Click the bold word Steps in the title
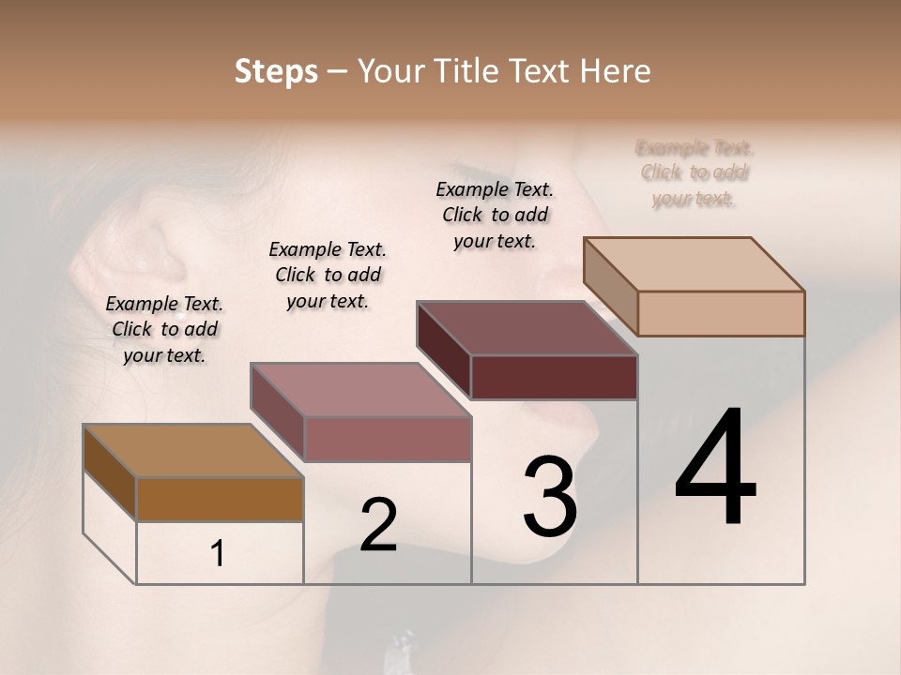(276, 71)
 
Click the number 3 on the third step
(550, 496)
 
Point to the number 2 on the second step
(378, 525)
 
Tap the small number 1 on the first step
(218, 554)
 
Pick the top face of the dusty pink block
(360, 390)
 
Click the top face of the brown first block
(193, 451)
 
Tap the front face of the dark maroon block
(554, 377)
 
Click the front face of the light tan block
(721, 313)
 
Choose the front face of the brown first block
(220, 499)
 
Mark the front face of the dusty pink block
(387, 439)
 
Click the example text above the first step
(164, 329)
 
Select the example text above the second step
(328, 275)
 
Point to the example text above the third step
(495, 215)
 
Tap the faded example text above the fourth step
(695, 172)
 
